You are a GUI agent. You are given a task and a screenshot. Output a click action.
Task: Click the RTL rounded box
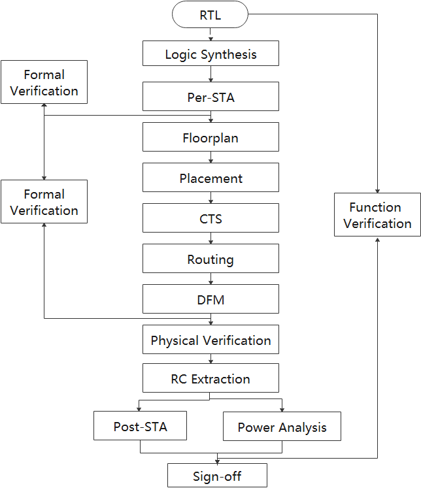click(x=210, y=15)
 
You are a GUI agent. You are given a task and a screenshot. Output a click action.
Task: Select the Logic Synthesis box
click(x=210, y=54)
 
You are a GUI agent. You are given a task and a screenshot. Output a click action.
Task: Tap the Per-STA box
click(x=210, y=96)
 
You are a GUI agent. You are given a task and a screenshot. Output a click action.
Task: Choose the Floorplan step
click(x=210, y=138)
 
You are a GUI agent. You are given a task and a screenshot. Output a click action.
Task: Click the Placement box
click(x=210, y=178)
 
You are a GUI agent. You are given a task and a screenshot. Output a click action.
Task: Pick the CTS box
click(x=210, y=219)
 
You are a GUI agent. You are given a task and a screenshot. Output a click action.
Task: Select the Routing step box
click(x=210, y=259)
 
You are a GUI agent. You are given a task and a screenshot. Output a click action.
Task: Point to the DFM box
click(x=210, y=300)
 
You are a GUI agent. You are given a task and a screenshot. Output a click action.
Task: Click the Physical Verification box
click(x=210, y=340)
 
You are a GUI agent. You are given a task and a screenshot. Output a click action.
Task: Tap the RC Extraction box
click(x=210, y=379)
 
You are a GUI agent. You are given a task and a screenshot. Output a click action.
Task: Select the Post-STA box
click(x=140, y=427)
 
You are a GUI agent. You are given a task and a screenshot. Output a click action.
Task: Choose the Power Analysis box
click(x=282, y=427)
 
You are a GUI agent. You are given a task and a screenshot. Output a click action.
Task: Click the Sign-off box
click(x=217, y=476)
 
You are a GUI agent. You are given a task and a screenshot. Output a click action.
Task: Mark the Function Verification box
click(x=377, y=215)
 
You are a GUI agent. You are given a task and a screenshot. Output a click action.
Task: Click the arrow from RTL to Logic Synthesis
click(x=210, y=35)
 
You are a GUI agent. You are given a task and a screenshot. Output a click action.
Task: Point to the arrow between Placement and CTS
click(x=210, y=198)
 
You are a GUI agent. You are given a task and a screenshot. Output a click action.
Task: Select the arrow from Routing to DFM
click(x=210, y=280)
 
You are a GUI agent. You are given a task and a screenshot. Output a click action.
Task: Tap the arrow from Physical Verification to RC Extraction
click(x=210, y=359)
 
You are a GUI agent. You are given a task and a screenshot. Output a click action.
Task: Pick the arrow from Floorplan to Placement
click(x=210, y=157)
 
